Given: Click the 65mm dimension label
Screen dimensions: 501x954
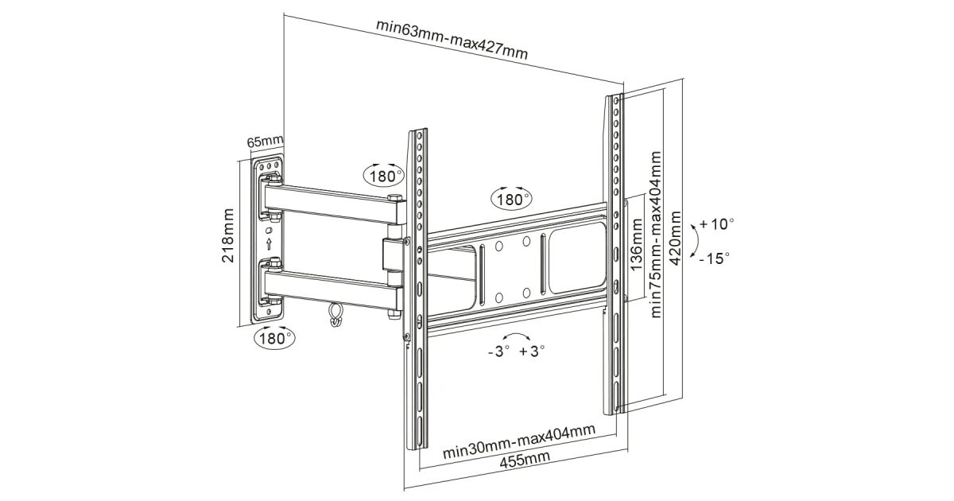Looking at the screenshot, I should point(265,142).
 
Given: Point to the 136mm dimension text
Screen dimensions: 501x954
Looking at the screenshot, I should point(636,247).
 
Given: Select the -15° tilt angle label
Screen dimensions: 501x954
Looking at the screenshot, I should point(715,258).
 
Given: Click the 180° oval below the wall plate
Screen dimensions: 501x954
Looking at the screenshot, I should point(273,337).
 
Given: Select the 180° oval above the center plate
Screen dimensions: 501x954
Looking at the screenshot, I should point(512,198).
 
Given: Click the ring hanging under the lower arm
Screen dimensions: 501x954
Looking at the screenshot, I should point(335,316).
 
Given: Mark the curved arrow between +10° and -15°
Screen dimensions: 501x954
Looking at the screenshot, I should point(696,240).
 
